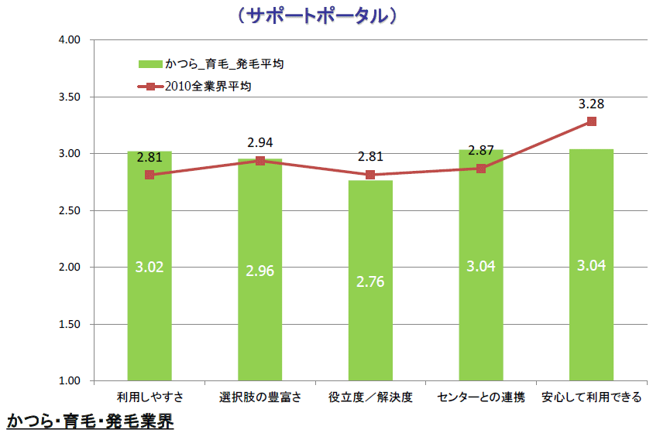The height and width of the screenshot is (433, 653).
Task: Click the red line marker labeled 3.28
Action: [591, 121]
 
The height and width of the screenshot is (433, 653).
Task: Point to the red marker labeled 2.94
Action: [260, 161]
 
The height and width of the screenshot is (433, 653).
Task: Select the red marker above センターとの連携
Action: [481, 169]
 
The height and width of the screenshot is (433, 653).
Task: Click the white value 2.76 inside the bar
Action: [370, 281]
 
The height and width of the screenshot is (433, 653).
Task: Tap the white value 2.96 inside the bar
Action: [260, 271]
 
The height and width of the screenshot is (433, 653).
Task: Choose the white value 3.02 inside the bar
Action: [150, 268]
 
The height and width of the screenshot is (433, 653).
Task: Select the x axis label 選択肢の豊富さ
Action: [259, 397]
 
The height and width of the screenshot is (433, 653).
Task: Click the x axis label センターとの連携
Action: [480, 397]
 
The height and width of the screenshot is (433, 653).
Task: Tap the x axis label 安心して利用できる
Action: [591, 397]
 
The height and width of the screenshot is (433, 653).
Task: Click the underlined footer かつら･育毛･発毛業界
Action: [90, 421]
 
